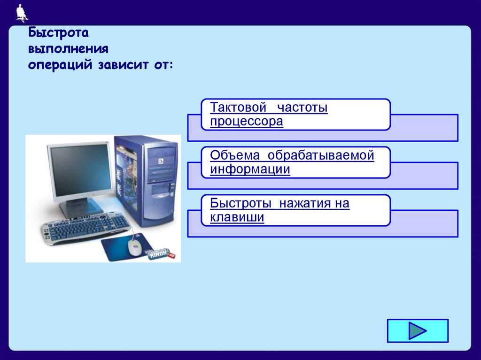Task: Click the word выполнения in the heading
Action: [69, 49]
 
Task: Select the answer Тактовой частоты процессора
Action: [295, 115]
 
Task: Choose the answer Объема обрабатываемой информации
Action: [295, 162]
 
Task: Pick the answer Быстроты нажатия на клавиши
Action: [295, 210]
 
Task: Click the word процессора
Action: [247, 122]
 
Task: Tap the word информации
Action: [250, 170]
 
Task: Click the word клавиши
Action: [237, 218]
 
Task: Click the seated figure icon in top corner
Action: [21, 13]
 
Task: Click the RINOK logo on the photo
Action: [160, 254]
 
